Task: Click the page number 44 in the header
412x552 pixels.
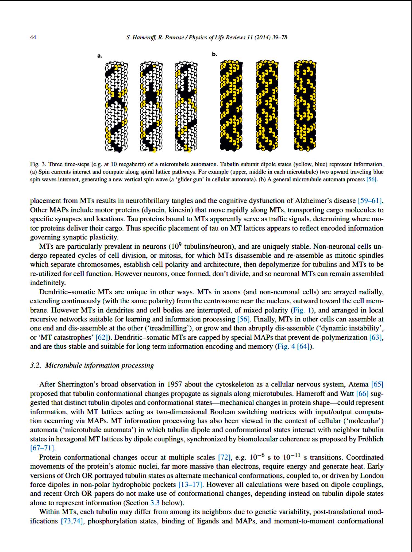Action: tap(33, 37)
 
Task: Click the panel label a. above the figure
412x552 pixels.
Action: tap(100, 56)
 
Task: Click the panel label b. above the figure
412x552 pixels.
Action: tap(215, 54)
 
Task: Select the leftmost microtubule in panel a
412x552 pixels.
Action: tap(116, 107)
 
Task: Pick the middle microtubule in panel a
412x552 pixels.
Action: tap(151, 107)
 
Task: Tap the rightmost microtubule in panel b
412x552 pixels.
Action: tap(305, 106)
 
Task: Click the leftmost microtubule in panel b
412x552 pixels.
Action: tap(231, 106)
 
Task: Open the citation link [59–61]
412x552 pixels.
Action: tap(370, 201)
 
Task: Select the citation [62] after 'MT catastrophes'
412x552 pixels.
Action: tap(101, 337)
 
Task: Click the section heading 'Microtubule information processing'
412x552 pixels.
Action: tap(99, 365)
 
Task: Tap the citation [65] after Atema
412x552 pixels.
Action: tap(377, 384)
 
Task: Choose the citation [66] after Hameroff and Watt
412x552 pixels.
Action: tap(362, 394)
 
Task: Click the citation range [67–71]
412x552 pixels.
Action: tap(42, 448)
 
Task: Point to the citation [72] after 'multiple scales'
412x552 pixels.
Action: tap(224, 457)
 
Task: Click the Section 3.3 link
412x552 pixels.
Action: tap(155, 503)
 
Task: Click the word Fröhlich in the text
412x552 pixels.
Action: tap(371, 439)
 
